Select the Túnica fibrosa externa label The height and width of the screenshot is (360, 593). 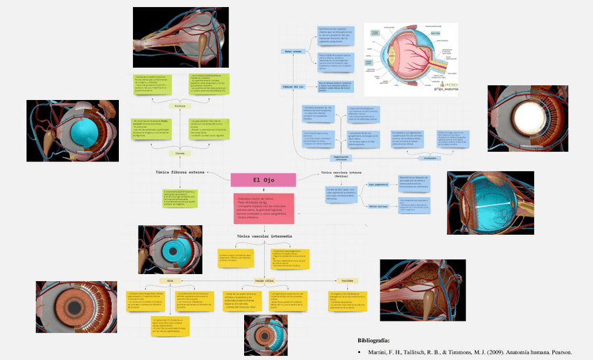180,171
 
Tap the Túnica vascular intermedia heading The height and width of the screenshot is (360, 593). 264,237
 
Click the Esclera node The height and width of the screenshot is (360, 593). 180,106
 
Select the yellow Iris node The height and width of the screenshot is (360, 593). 169,280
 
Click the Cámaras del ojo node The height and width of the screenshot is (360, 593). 293,87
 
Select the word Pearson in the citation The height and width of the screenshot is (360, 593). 559,352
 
